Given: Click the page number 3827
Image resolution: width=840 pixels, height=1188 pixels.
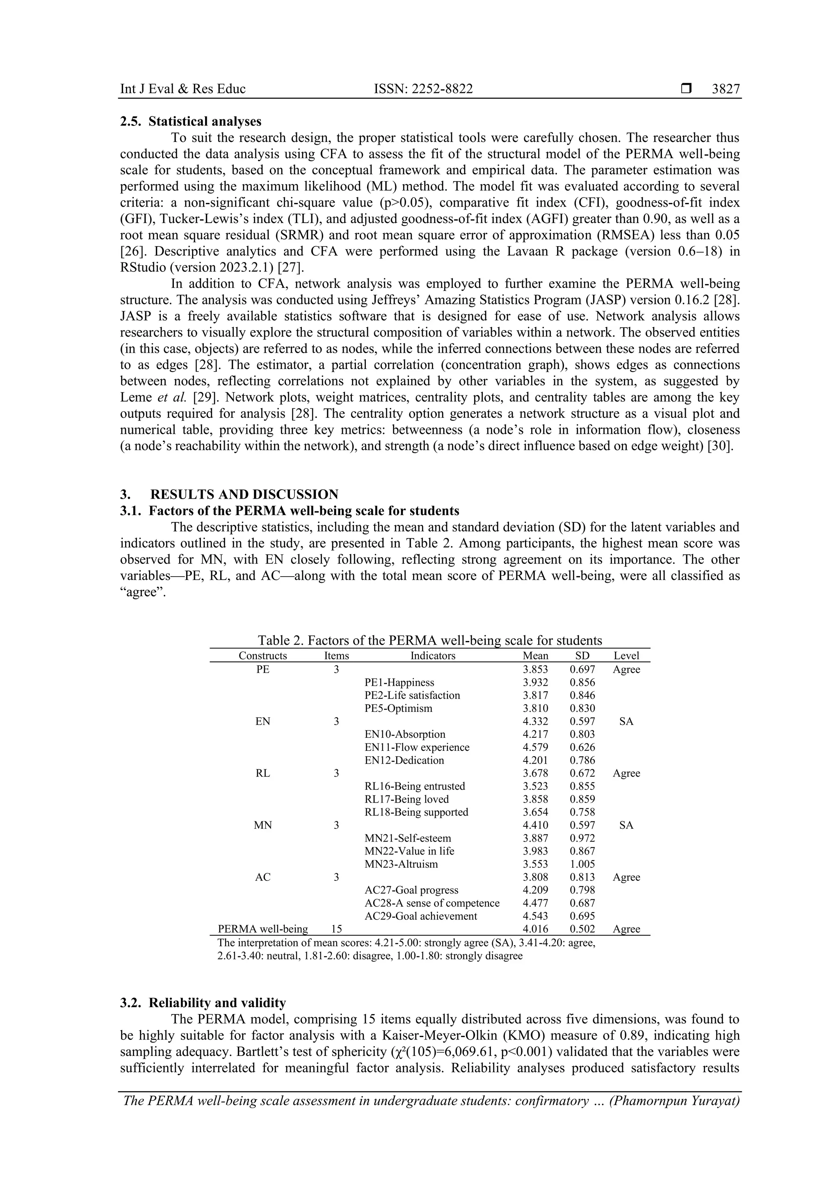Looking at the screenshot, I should [726, 89].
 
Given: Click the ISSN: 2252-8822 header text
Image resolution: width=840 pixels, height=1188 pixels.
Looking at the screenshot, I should [423, 89].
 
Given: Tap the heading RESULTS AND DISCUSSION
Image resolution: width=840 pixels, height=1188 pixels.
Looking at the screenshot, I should [244, 494].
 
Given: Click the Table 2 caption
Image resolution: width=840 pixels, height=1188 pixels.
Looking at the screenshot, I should [429, 641].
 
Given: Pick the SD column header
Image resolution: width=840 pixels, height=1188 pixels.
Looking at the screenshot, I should [582, 656].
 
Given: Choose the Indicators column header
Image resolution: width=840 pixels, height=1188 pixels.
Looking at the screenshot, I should [433, 656].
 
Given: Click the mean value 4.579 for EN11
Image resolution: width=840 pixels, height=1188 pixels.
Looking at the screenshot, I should [535, 747].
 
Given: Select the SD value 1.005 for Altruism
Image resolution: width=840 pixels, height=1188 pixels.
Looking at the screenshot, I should [582, 864].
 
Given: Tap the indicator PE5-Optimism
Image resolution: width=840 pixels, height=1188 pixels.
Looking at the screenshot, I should [398, 708].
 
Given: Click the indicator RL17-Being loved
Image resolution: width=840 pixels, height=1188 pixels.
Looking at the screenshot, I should [406, 799].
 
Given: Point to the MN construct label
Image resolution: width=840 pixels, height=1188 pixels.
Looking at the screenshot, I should [263, 825].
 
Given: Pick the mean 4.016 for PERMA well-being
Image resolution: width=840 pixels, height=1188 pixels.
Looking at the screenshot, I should [535, 929].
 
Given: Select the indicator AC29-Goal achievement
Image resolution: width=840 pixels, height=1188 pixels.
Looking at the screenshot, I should [421, 916].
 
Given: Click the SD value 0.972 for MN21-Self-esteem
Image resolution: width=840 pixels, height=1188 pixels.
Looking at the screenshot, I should [582, 838].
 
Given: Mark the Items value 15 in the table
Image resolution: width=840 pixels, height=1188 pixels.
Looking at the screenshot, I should [336, 929].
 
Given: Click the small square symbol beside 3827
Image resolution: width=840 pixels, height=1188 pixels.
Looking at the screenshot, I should [686, 89].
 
